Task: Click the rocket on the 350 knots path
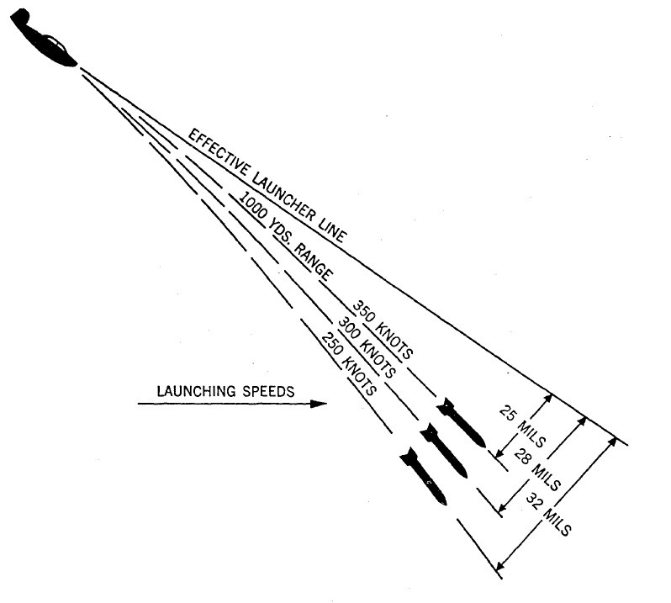click(460, 426)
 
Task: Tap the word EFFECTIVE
click(214, 155)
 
